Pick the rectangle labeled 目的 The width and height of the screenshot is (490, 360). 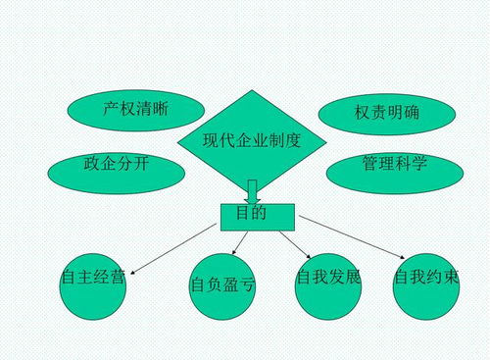tap(252, 215)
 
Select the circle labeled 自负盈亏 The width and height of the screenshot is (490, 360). tap(223, 291)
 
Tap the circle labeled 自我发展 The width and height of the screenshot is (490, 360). tap(328, 285)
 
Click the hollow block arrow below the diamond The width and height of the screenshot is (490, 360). tap(252, 190)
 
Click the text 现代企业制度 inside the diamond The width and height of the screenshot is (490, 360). tap(251, 140)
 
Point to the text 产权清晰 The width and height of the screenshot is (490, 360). tap(136, 109)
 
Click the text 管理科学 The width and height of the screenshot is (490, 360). tap(394, 162)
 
